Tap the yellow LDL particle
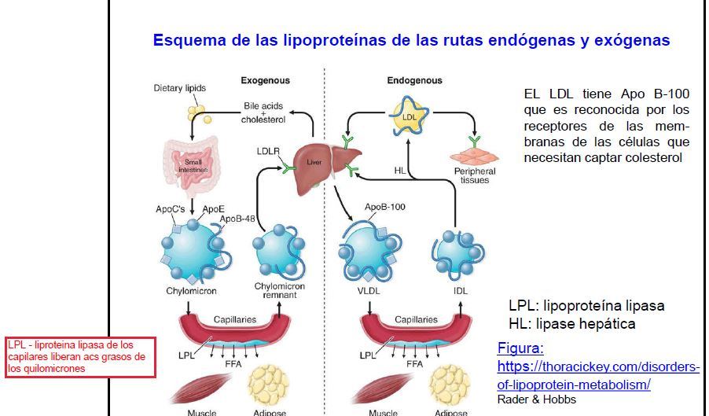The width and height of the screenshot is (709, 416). pos(408,117)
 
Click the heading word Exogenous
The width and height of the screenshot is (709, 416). pos(265,80)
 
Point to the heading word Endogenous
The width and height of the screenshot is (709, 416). pos(414,80)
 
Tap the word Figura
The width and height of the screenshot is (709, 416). pos(520,348)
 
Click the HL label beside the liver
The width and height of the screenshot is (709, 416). pos(399,170)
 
